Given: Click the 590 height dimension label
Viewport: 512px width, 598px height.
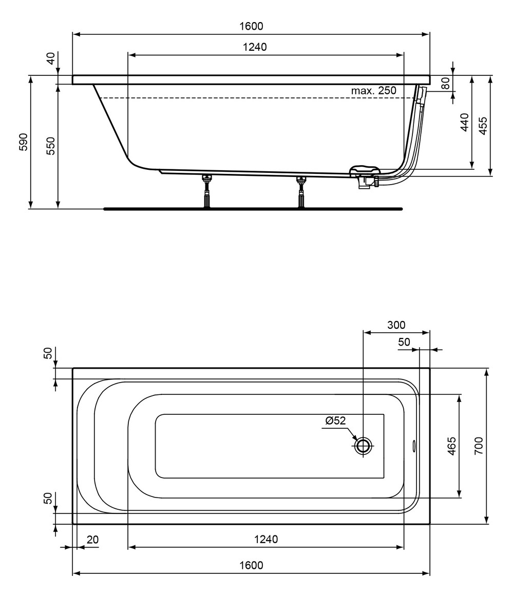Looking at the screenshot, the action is (x=23, y=142).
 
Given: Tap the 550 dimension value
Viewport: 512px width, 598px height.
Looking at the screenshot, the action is (x=51, y=146).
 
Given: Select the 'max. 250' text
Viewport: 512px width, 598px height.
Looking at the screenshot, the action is (x=374, y=91).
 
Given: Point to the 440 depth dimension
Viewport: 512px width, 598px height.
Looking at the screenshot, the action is (x=465, y=122).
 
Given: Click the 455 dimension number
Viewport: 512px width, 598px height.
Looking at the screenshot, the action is (x=483, y=126).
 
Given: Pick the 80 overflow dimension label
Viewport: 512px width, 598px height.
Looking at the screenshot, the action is (x=446, y=83).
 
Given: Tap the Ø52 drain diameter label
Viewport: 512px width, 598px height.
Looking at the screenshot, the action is (x=336, y=420).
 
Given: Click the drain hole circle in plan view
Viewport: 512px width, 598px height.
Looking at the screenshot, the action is (x=363, y=446).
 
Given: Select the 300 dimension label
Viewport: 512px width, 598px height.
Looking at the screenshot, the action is (x=396, y=325).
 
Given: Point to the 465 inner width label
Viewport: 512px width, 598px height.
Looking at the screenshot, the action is (x=451, y=446).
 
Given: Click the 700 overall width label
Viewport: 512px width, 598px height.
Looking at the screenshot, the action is (x=479, y=446).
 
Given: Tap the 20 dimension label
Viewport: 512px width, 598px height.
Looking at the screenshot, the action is (x=93, y=540).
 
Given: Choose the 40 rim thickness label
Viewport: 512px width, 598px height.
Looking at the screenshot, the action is (x=51, y=58).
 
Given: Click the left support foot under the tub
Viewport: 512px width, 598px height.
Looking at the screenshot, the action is (x=207, y=191).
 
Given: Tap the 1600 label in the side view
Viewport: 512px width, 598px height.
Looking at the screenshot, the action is (x=251, y=26).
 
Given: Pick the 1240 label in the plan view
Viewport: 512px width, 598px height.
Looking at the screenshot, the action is (x=266, y=539).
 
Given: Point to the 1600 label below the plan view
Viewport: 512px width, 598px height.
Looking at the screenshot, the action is (x=251, y=565).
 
